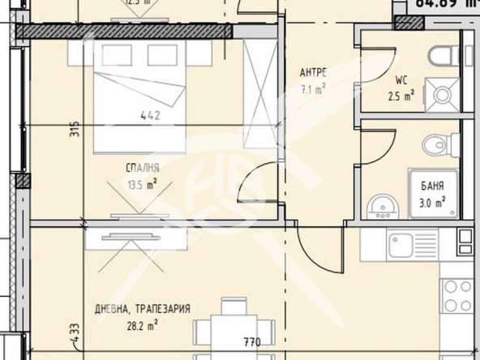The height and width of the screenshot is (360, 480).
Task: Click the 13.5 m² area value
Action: (142, 182)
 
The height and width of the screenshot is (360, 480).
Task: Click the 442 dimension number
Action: (150, 115)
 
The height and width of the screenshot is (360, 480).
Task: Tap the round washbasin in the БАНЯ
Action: (380, 207)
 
